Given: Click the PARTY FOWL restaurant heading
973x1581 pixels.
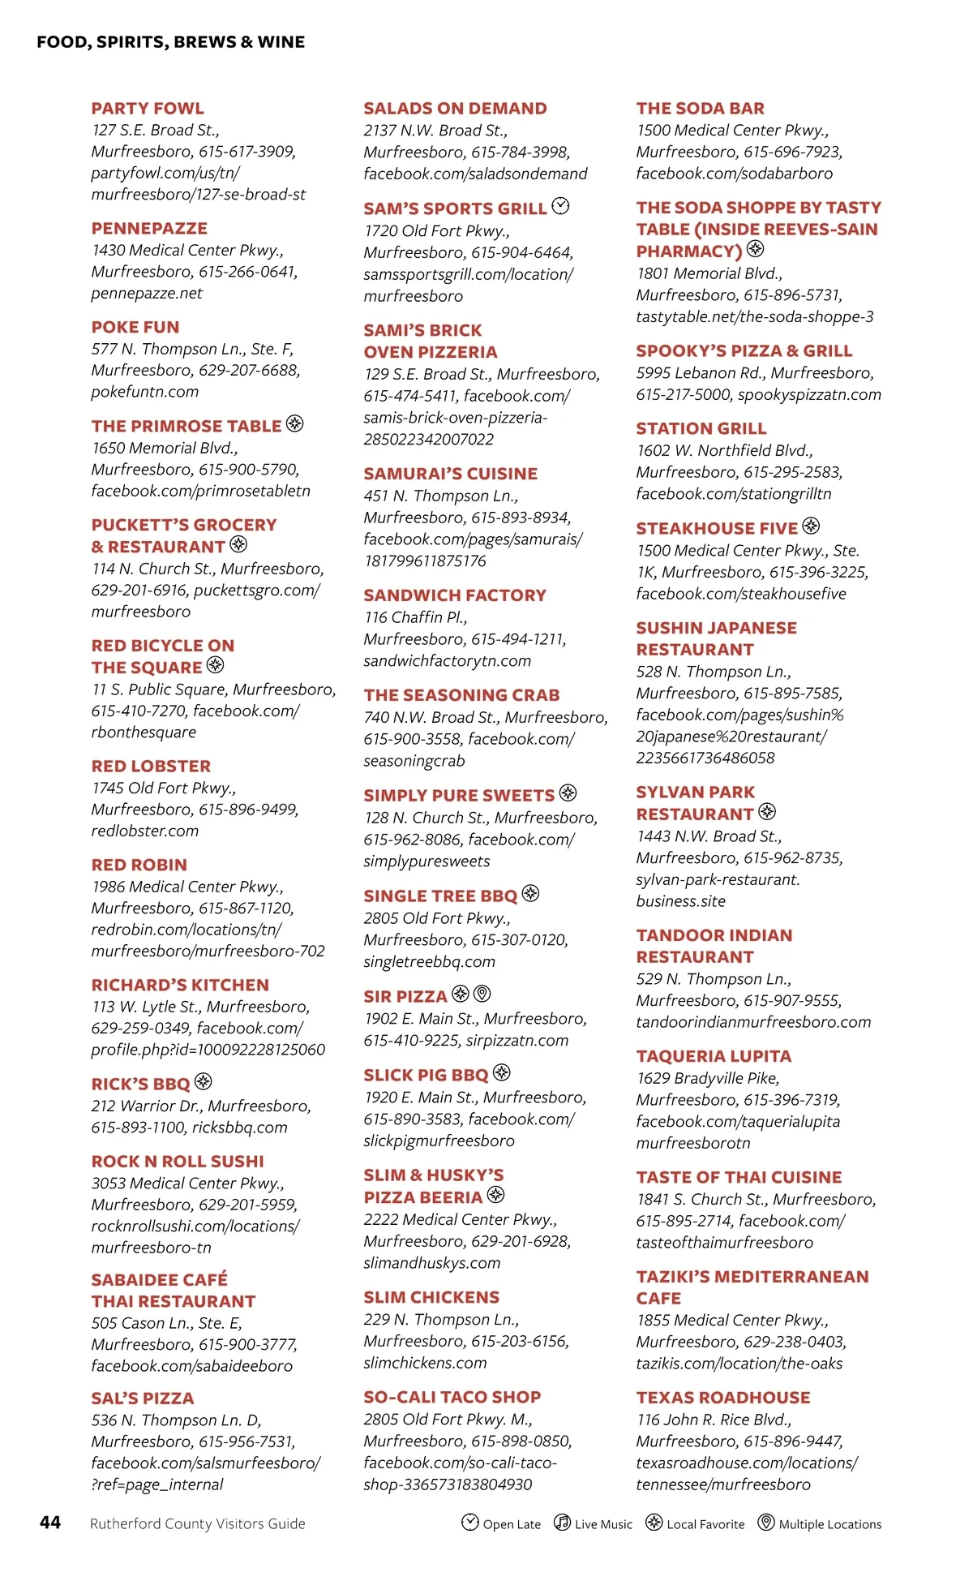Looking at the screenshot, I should tap(147, 109).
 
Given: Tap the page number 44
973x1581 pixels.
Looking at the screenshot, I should tap(50, 1523).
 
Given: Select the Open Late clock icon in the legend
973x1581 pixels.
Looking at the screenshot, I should tap(469, 1522).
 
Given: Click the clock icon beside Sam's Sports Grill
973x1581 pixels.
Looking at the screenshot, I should tap(560, 206).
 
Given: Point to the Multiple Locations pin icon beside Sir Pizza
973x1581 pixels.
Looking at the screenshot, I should tap(482, 994).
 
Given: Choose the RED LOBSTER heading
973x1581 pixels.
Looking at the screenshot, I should tap(151, 767).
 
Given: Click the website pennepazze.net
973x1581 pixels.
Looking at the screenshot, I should tap(147, 294).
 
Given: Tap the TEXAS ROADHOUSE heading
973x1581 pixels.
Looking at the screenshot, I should tap(722, 1398).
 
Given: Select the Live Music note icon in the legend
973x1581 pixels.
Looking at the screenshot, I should tap(562, 1522).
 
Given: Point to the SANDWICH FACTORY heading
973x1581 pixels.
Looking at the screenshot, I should tap(455, 595).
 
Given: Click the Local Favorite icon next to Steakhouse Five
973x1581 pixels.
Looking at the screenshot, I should tap(811, 526).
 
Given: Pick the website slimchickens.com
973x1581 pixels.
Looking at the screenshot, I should tap(425, 1363).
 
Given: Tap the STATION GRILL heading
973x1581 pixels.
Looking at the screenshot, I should tap(701, 429).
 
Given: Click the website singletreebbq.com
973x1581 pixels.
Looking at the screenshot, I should tap(429, 962).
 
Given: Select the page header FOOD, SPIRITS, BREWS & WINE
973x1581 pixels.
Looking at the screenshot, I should tap(171, 42).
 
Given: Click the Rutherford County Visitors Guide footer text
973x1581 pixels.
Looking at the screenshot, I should tap(197, 1523).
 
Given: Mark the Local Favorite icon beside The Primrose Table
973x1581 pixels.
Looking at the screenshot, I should tap(295, 423).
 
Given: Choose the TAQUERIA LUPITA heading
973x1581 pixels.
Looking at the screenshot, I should tap(714, 1056).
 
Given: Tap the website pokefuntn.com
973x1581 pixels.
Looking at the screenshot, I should tap(144, 392).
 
